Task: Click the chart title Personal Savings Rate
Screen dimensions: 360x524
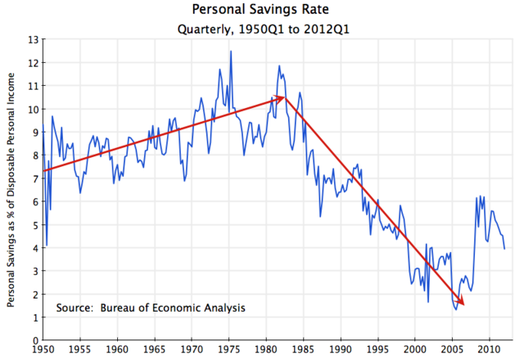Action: pos(261,11)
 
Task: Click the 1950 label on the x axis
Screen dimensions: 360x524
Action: pos(43,351)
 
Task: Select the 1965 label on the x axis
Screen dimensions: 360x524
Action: pos(154,351)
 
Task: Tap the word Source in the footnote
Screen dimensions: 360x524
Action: pos(74,308)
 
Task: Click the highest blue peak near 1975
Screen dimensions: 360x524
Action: pos(231,52)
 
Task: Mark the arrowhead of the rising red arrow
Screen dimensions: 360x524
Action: pos(283,97)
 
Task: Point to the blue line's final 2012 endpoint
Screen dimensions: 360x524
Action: pos(504,248)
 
